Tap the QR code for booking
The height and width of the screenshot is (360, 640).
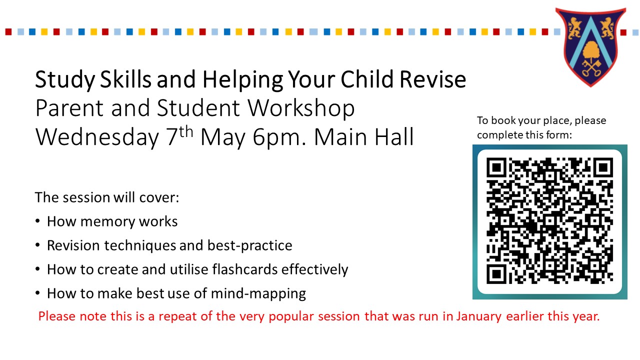549,220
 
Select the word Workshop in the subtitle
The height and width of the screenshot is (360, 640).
301,108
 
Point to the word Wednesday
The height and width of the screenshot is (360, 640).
97,137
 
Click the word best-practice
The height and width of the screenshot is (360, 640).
249,245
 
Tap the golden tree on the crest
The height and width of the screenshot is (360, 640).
590,51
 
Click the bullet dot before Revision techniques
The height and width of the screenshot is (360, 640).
37,245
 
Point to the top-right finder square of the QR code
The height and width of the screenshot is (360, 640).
603,167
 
